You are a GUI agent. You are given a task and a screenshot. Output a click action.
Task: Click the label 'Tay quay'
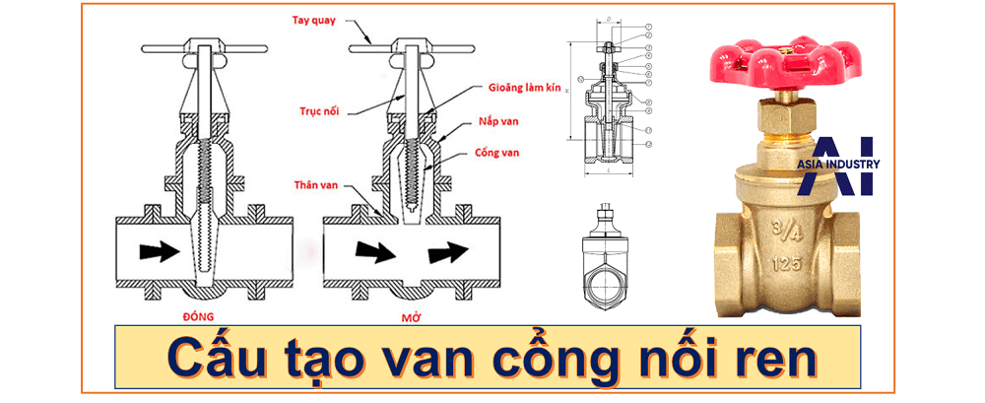312,20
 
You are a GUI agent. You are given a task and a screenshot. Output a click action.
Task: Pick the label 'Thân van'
315,184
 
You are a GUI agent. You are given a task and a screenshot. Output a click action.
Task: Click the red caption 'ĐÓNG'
199,316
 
